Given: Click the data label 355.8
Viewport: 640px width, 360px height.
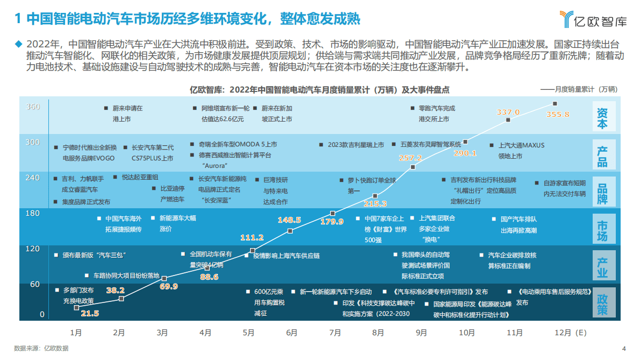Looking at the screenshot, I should (557, 115).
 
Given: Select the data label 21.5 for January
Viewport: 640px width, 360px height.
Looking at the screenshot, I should (90, 313).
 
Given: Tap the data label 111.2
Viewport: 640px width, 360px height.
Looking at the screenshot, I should (252, 238).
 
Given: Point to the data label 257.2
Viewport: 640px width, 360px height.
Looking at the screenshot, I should (410, 158).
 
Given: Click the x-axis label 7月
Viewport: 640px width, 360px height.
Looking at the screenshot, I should (335, 333).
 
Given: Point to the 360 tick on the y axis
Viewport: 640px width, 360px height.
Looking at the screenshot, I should (33, 107).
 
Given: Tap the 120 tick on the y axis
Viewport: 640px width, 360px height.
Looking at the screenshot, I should (33, 249).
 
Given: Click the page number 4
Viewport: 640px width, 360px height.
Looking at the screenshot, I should (624, 348).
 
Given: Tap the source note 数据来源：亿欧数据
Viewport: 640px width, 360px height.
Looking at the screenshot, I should (41, 348).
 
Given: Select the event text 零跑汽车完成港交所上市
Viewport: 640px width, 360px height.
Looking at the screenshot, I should (436, 114).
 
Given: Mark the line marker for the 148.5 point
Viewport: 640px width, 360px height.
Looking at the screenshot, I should (290, 230).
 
